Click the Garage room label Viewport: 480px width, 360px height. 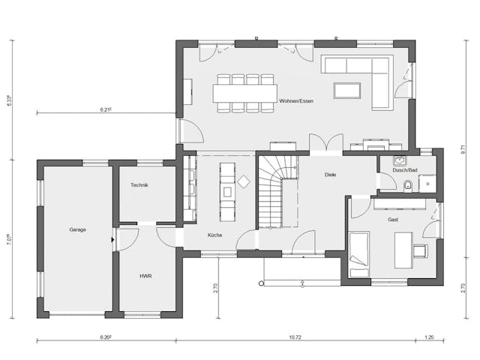pyautogui.click(x=77, y=229)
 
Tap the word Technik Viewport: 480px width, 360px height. pyautogui.click(x=139, y=184)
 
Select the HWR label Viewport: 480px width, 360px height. pyautogui.click(x=145, y=275)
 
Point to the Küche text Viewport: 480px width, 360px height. pyautogui.click(x=215, y=235)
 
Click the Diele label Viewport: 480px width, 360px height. pyautogui.click(x=331, y=175)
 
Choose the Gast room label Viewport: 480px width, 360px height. pyautogui.click(x=393, y=220)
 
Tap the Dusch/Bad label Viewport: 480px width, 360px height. pyautogui.click(x=404, y=170)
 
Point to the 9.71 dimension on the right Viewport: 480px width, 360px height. pyautogui.click(x=462, y=150)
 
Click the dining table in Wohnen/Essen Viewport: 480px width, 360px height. pyautogui.click(x=245, y=93)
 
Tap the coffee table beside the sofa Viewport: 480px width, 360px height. pyautogui.click(x=346, y=91)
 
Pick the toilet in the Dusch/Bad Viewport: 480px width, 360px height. pyautogui.click(x=407, y=185)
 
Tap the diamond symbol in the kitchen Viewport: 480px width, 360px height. pyautogui.click(x=244, y=181)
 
